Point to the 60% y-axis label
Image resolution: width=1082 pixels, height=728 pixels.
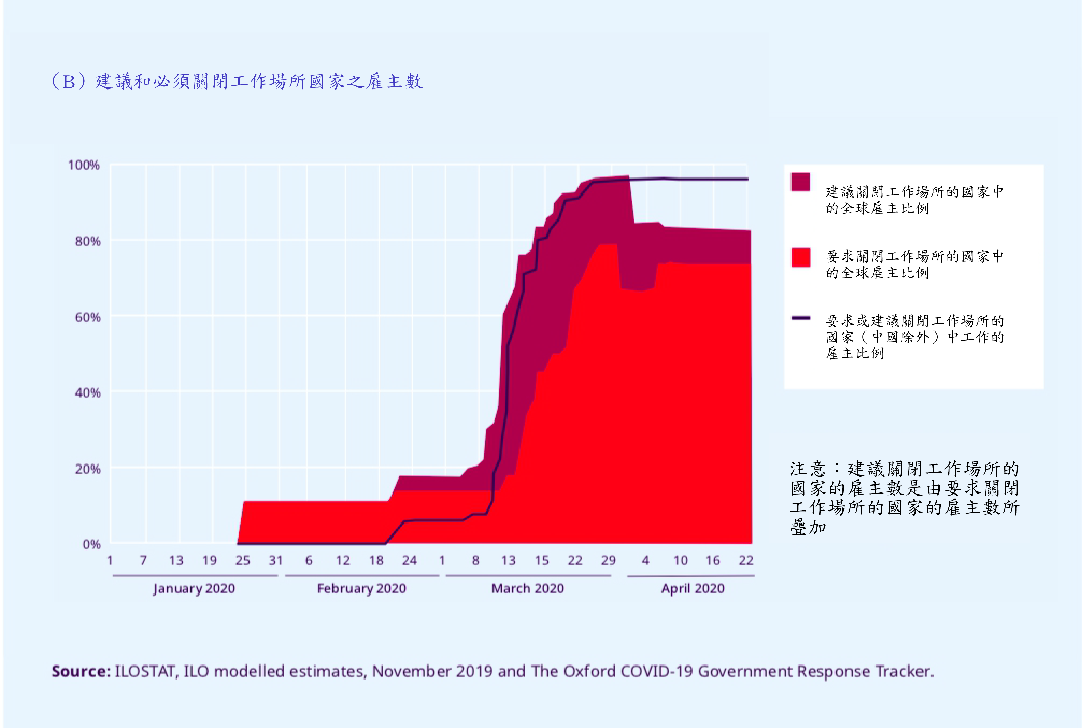(88, 318)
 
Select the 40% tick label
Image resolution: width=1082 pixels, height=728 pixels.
(88, 393)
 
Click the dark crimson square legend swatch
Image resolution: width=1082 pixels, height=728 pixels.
(800, 182)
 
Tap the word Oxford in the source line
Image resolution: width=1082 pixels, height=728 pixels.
(589, 671)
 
